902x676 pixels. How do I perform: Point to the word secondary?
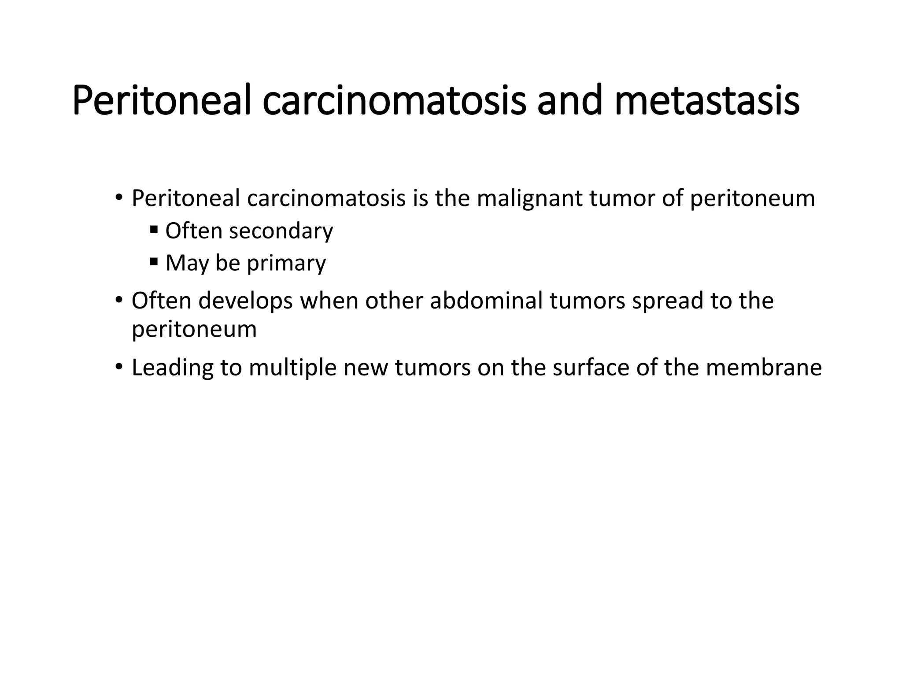point(281,231)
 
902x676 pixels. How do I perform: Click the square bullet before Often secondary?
point(154,229)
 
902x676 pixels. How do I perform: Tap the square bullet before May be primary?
point(154,262)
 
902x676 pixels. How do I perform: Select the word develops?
point(245,301)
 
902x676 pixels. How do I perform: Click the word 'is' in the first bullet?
point(420,198)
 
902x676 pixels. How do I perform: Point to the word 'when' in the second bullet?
point(329,301)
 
